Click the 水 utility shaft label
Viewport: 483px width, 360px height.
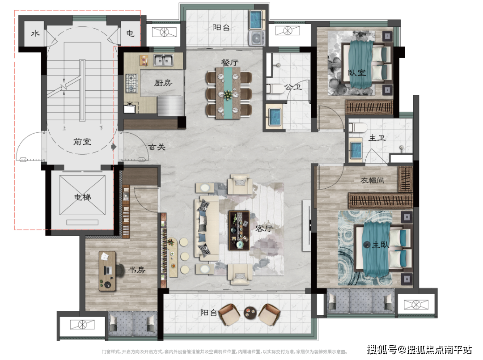click(34, 34)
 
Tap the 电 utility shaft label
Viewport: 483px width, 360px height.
click(130, 34)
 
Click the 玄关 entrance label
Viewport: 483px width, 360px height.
click(157, 146)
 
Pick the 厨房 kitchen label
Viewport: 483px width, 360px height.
click(163, 83)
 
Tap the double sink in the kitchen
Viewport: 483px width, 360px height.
click(164, 60)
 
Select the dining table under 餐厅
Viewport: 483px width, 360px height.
click(228, 93)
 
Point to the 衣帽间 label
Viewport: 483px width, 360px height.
click(373, 181)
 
